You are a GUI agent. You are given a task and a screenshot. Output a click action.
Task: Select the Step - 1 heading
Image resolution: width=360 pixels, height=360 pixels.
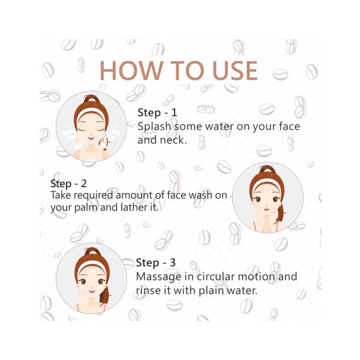coord(157,113)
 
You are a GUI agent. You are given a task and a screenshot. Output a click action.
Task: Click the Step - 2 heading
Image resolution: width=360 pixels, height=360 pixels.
coord(68,184)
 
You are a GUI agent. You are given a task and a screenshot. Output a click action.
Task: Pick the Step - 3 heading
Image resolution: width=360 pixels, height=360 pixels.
coord(155,263)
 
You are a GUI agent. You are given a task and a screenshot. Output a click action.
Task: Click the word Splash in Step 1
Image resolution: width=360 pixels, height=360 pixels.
coord(154,126)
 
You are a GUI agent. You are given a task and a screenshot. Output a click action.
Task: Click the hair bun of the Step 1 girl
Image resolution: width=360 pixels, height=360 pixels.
coord(92,99)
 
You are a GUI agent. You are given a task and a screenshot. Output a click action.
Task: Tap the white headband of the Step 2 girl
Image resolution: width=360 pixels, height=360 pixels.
coord(266,184)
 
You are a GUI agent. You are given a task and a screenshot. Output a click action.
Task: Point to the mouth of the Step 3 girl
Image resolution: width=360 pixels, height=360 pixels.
coord(92,292)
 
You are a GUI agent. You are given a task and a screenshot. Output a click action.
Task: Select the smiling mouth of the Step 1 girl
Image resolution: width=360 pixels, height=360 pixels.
coord(91,138)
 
